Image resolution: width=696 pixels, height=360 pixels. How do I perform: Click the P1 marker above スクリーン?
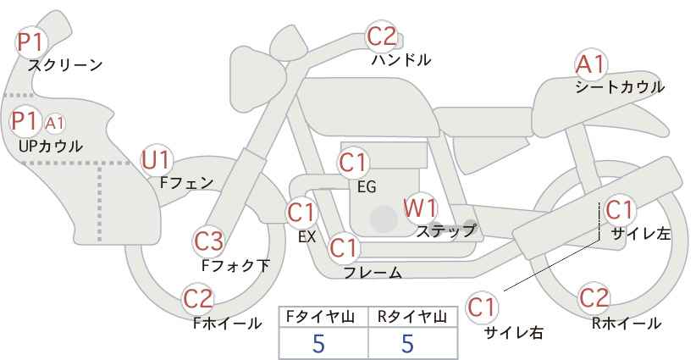[31, 42]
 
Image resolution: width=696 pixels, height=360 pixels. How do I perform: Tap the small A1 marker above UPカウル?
[55, 124]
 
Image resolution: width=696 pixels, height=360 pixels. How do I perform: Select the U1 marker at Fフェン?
[157, 161]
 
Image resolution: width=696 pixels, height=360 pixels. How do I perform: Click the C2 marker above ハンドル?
[382, 36]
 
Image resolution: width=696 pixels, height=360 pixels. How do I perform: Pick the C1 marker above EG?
[354, 163]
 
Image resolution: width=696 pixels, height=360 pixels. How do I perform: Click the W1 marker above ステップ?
[420, 208]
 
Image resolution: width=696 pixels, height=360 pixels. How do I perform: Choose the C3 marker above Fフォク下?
[208, 241]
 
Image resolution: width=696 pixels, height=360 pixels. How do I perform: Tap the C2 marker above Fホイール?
[198, 299]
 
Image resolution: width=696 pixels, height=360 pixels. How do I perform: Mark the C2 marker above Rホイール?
[594, 297]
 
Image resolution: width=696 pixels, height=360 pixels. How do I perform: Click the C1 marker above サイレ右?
[482, 307]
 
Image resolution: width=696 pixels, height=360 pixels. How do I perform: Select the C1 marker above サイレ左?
[619, 210]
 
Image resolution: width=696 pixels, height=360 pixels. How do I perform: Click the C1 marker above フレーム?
[344, 248]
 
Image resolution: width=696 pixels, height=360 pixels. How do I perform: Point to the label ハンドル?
[400, 59]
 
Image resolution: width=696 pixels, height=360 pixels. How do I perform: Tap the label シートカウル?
[620, 86]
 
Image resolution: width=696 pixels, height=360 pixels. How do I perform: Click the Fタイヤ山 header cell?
[323, 317]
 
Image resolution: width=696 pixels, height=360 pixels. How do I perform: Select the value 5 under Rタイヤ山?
[407, 343]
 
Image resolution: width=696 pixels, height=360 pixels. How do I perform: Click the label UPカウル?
[51, 146]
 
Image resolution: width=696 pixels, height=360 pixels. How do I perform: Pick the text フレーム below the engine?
[373, 273]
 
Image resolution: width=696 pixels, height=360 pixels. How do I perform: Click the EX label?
[307, 236]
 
